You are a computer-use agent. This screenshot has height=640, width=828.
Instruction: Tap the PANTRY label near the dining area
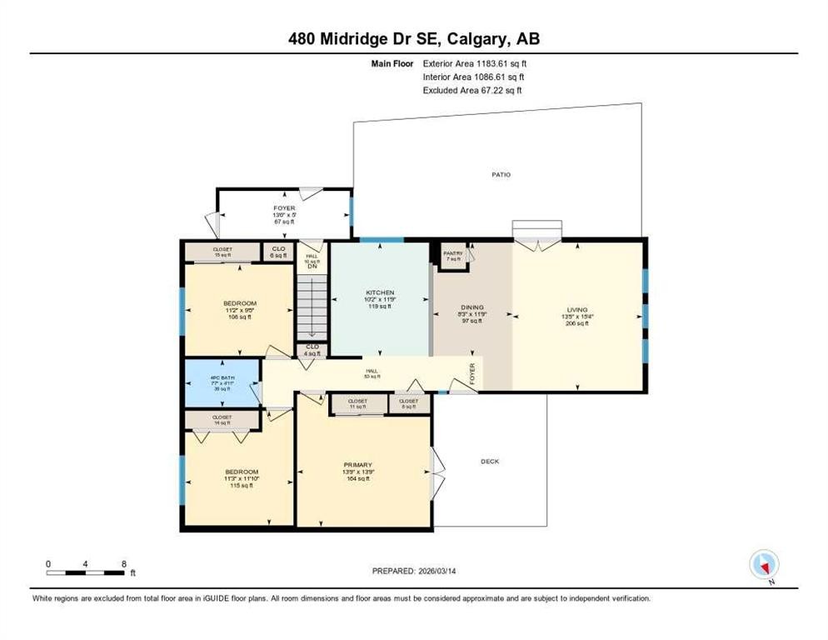[x=452, y=253]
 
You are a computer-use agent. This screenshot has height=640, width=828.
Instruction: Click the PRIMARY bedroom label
[x=357, y=465]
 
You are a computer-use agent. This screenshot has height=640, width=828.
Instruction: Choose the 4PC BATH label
[x=220, y=382]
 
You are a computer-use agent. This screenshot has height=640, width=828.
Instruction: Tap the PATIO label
[x=500, y=175]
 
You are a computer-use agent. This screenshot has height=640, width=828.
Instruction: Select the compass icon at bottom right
[x=763, y=565]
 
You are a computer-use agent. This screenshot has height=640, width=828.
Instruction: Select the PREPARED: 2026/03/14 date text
[x=413, y=571]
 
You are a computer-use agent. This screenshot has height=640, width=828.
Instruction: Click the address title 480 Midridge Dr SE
[x=413, y=38]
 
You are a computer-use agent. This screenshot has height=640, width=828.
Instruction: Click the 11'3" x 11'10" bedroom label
[x=239, y=478]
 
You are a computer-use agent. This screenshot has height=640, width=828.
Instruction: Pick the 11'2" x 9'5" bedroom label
[x=239, y=310]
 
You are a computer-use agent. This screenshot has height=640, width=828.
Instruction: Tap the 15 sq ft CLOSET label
[x=222, y=252]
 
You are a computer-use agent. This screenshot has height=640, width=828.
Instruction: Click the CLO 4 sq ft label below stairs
[x=312, y=349]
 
